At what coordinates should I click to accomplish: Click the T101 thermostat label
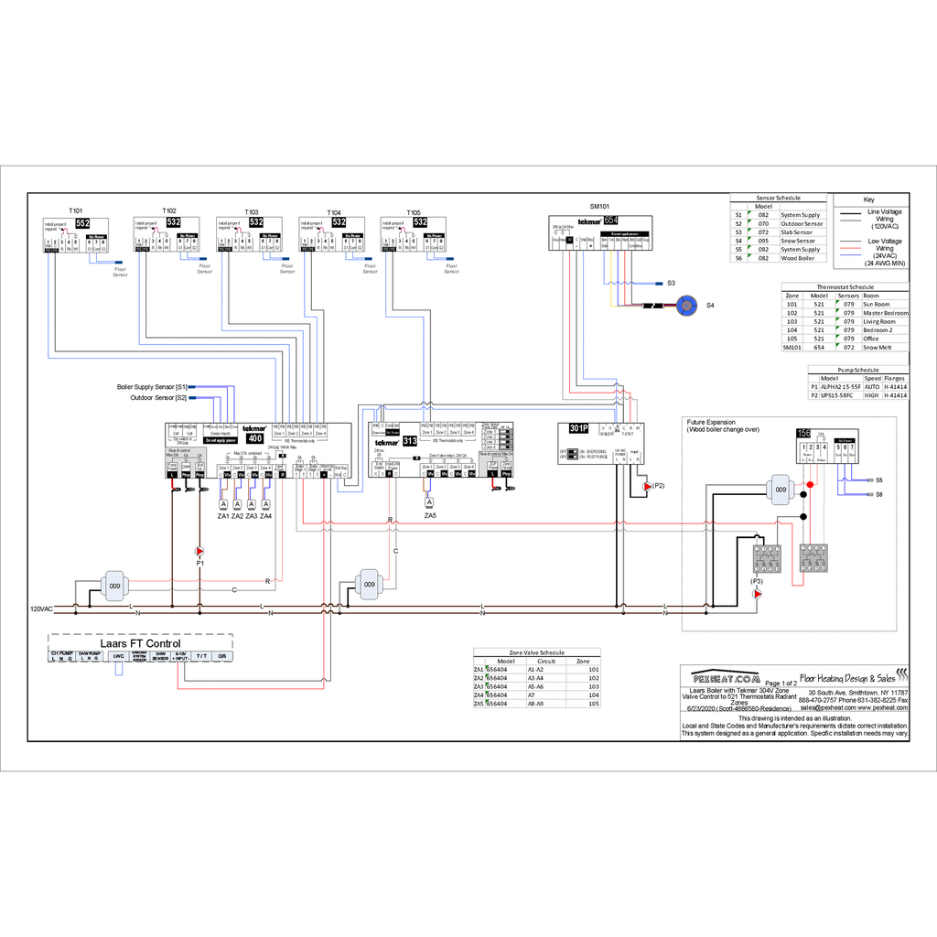(x=76, y=210)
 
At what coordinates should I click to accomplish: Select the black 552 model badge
(x=82, y=222)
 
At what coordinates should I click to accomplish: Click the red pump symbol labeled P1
(x=199, y=551)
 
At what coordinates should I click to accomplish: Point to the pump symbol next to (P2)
(x=647, y=487)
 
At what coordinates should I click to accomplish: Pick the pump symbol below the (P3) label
(x=757, y=594)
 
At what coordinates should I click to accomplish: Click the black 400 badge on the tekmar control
(x=255, y=438)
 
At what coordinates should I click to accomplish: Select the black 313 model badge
(x=410, y=440)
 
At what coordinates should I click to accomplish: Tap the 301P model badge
(x=577, y=428)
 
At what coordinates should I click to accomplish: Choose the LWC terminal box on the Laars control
(x=118, y=656)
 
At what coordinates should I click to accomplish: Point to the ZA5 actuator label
(x=429, y=516)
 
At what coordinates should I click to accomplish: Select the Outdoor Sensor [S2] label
(x=158, y=397)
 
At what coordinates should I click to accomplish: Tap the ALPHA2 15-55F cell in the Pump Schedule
(x=840, y=387)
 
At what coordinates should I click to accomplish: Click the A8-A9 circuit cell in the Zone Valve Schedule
(x=535, y=704)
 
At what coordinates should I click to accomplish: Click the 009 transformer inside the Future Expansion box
(x=781, y=490)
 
